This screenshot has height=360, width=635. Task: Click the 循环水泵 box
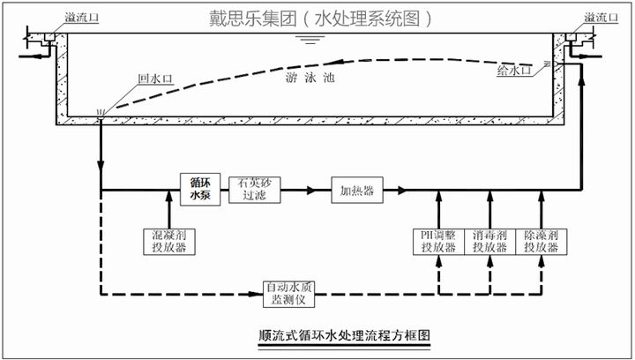pos(200,189)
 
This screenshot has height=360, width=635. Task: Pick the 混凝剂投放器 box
pos(167,241)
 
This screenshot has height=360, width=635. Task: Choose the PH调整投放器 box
pos(438,241)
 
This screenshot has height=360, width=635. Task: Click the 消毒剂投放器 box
pos(489,241)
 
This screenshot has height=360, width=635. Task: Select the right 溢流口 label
pos(603,16)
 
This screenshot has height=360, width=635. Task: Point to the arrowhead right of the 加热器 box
pos(401,190)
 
